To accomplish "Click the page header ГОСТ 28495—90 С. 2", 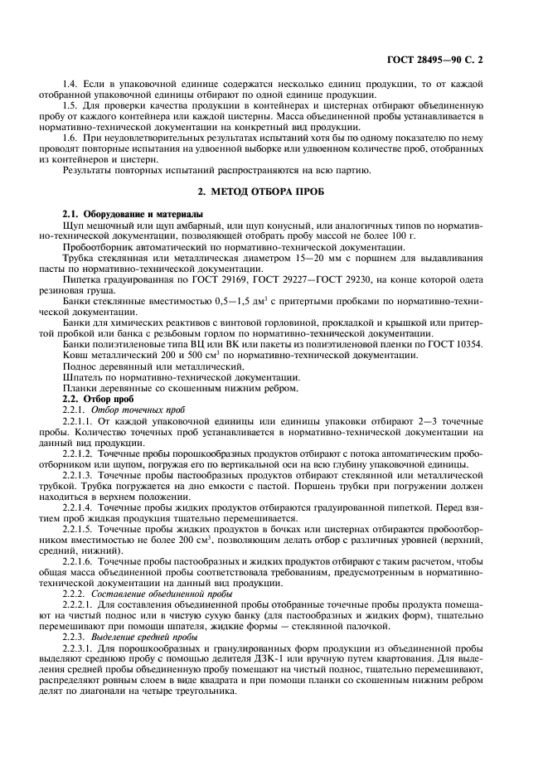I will (x=466, y=60).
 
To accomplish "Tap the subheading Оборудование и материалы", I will (x=133, y=215).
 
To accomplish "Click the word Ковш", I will (x=75, y=354).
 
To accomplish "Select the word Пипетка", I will (x=82, y=279).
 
